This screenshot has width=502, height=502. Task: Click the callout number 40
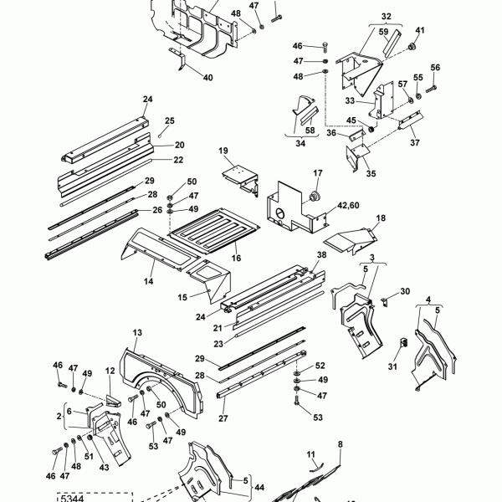(207, 78)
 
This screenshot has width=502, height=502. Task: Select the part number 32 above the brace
(386, 17)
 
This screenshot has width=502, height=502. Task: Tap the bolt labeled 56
(431, 89)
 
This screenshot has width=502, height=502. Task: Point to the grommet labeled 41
(412, 47)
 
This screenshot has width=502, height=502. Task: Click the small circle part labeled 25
(160, 136)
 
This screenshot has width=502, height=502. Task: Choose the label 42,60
(348, 205)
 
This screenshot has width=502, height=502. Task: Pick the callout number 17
(318, 173)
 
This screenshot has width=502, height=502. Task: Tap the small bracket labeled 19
(240, 179)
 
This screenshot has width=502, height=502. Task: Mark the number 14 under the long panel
(148, 281)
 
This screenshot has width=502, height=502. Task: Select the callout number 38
(321, 254)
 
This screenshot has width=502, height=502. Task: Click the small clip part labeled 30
(385, 302)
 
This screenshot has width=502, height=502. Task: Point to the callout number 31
(392, 366)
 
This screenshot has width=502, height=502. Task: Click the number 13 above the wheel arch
(137, 333)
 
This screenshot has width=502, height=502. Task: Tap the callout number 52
(320, 366)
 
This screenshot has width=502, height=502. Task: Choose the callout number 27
(223, 418)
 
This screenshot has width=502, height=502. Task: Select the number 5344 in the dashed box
(72, 499)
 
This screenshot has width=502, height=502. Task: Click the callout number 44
(259, 487)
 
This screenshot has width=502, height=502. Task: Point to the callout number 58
(310, 130)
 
